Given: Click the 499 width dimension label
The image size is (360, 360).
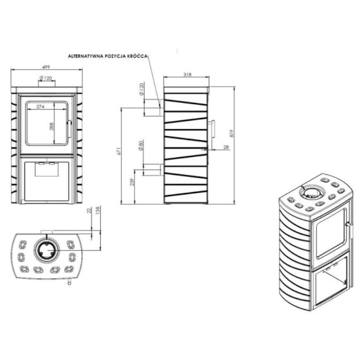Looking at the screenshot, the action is pos(46,67).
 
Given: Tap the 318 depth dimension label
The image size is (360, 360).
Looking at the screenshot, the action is pos(187,75).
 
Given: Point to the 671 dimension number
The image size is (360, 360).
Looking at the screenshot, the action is pos(118,151).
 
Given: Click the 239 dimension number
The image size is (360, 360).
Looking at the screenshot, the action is pos(132,182).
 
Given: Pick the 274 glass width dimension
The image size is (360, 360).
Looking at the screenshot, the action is pos(41,107).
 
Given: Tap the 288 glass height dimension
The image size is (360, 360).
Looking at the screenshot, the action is pos(52,126).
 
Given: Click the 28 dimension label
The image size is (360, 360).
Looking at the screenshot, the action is pos(226,147).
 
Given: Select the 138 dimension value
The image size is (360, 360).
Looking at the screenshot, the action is pos(98,210).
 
